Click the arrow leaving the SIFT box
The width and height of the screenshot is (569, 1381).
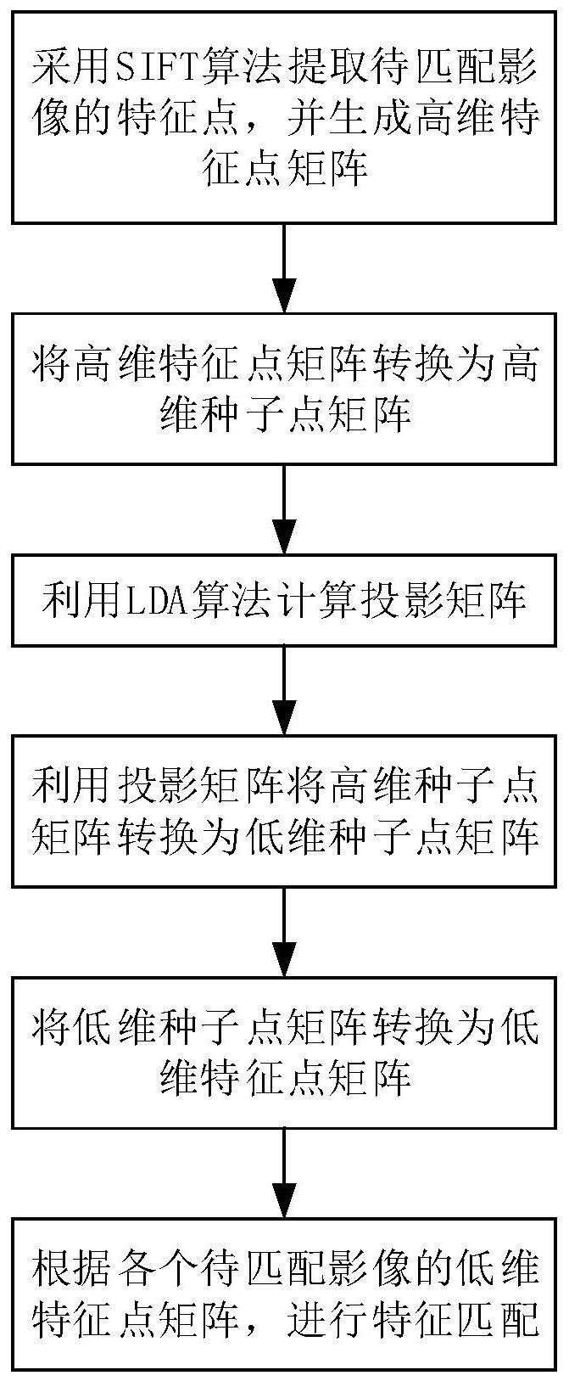point(284,268)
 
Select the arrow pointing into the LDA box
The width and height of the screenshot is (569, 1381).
point(284,509)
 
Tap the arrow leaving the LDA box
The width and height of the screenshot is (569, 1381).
point(284,690)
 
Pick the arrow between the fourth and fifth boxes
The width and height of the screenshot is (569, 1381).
point(284,931)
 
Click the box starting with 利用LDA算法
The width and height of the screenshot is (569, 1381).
point(284,600)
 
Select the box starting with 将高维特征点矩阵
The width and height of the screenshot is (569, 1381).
point(284,389)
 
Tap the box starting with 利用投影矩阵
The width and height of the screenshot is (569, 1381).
point(284,811)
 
